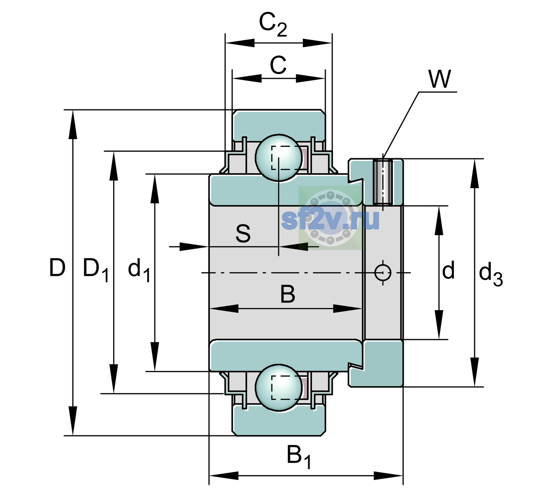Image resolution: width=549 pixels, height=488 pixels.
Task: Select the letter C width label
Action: pos(278,65)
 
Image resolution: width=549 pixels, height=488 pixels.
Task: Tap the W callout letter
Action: pos(440,79)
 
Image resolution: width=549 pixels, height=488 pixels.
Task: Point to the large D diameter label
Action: pos(57,268)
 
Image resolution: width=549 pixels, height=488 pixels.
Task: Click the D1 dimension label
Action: pos(96,270)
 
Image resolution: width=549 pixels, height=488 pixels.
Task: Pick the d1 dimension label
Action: pos(139,270)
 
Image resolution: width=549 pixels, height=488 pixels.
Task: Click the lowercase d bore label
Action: pos(448,270)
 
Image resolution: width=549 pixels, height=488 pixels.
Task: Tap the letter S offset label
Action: pos(243,233)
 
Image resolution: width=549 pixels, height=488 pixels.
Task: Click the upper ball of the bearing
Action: pos(279,158)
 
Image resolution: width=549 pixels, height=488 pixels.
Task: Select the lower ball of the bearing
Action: pos(279,388)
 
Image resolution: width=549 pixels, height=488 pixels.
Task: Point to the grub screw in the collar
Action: pos(383,182)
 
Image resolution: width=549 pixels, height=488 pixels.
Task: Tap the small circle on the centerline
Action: pos(383,272)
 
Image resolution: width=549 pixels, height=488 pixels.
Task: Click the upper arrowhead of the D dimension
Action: pos(73,124)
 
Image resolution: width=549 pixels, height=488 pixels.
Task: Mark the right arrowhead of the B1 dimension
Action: pos(388,475)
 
